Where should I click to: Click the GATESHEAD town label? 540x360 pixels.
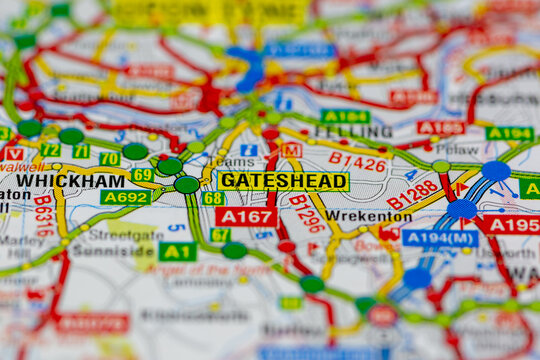tap(283, 181)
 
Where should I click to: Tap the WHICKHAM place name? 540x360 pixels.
tap(70, 181)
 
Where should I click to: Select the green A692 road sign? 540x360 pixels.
tap(125, 198)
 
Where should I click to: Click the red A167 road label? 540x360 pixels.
tap(246, 216)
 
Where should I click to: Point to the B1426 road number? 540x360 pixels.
tap(357, 162)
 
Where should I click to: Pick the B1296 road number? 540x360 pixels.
tap(307, 214)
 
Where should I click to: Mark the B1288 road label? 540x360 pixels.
tap(412, 194)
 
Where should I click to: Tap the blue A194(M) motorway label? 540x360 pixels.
tap(440, 238)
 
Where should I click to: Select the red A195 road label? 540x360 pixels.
tap(513, 225)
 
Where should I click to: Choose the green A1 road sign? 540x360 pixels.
tap(177, 251)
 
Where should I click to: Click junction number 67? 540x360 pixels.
tap(220, 235)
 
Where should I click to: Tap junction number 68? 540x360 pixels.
tap(213, 198)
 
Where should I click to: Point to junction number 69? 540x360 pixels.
tap(143, 175)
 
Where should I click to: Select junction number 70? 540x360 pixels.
tap(109, 159)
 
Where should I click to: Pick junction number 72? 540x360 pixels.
tap(50, 151)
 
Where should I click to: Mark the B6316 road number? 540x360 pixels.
tap(44, 215)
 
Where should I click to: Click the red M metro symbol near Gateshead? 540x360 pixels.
tap(291, 150)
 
